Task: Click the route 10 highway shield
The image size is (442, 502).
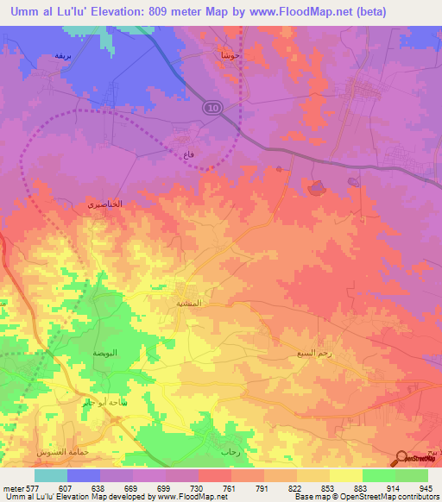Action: [x=212, y=107]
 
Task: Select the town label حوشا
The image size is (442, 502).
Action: [x=227, y=54]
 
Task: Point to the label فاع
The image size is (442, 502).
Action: [x=187, y=154]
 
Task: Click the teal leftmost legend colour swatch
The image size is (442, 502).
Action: [x=51, y=475]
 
